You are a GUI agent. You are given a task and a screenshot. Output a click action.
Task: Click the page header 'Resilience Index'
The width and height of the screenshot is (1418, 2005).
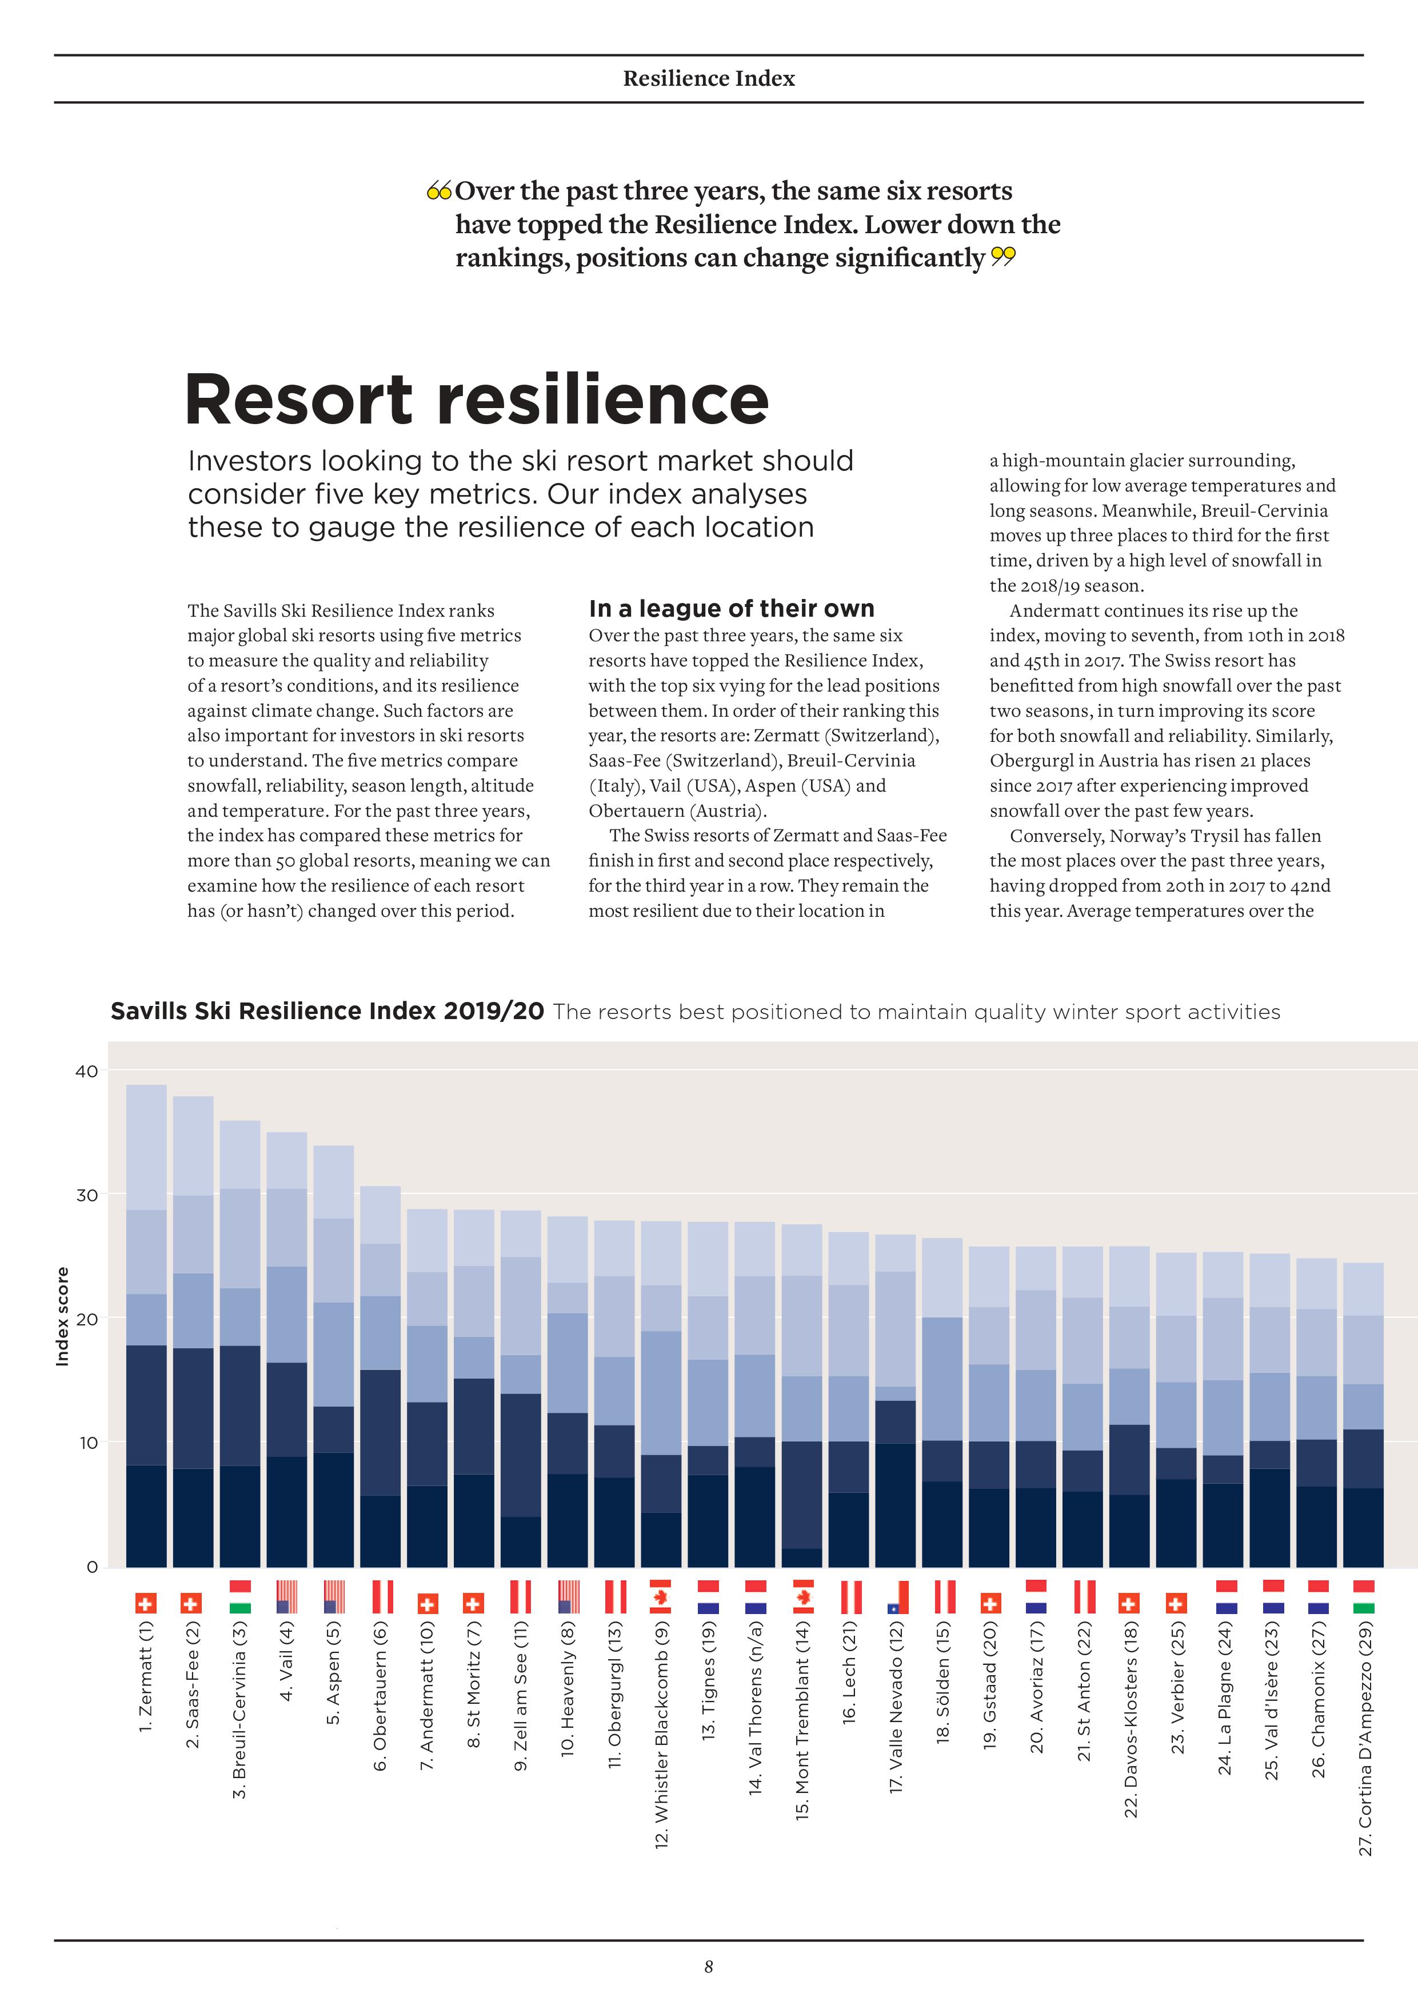(x=709, y=79)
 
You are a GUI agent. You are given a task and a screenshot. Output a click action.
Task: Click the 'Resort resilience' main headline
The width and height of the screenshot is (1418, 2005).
(x=477, y=399)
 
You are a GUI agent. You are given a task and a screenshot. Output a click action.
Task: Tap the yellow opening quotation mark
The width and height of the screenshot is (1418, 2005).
(x=439, y=190)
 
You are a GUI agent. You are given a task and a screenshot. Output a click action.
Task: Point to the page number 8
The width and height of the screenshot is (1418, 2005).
(x=709, y=1966)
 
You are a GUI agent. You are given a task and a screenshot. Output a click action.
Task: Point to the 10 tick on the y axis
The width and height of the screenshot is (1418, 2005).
(x=87, y=1443)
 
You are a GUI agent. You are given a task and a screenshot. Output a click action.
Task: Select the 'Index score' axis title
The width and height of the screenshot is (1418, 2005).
(x=62, y=1316)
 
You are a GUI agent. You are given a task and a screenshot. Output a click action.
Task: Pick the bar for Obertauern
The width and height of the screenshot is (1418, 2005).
(x=381, y=1376)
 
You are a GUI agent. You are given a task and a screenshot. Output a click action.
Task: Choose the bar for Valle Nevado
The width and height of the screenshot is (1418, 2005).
(x=895, y=1401)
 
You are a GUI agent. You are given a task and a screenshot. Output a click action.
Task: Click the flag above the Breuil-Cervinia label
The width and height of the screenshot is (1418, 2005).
(x=240, y=1596)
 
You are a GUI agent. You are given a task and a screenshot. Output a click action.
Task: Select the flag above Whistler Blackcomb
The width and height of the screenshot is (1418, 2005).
(x=661, y=1596)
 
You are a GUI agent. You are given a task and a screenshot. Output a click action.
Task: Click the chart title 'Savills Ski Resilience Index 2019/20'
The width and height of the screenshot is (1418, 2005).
(x=327, y=1011)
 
